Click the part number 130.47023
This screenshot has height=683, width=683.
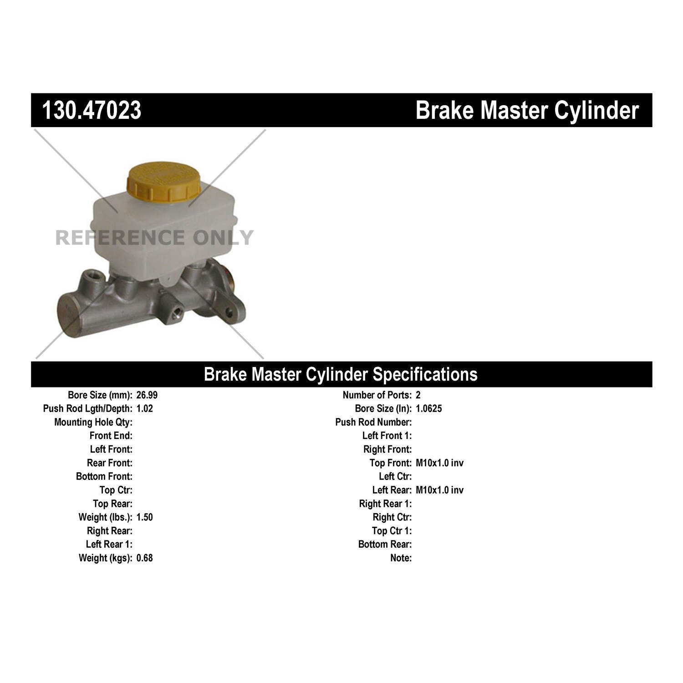tap(92, 111)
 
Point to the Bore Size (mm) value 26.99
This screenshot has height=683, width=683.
tap(147, 395)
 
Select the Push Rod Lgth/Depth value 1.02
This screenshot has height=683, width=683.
tap(145, 409)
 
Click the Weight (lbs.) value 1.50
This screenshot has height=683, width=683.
tap(145, 517)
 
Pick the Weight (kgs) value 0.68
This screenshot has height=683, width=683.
tap(145, 558)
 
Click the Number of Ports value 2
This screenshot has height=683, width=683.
tap(418, 395)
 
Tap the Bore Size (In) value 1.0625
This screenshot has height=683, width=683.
tap(429, 409)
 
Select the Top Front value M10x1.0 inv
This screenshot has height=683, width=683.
tap(440, 463)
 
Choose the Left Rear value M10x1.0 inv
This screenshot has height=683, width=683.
tap(440, 490)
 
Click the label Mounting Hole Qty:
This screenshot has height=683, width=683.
tap(93, 423)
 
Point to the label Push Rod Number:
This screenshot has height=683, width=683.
tap(373, 423)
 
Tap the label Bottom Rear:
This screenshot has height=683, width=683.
tap(385, 545)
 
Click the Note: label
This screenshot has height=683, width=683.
tap(401, 558)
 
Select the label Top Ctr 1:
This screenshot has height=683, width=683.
tap(392, 531)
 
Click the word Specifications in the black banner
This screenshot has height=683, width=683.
tap(425, 375)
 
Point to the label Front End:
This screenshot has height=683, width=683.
tap(111, 436)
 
